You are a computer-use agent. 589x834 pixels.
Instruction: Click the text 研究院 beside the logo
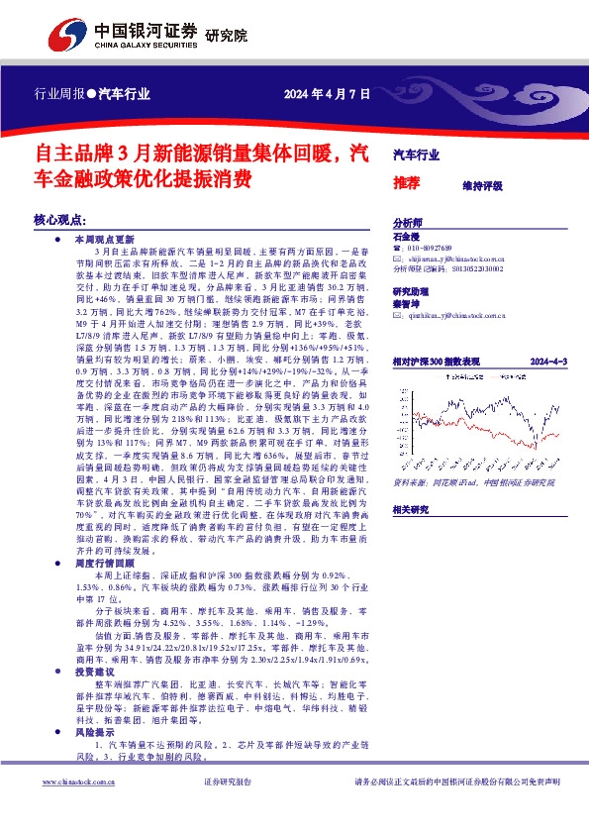click(225, 37)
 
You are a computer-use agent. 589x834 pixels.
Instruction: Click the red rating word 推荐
click(407, 183)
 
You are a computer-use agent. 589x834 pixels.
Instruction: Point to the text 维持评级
click(482, 185)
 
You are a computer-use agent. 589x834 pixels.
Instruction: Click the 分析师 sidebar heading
click(408, 224)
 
